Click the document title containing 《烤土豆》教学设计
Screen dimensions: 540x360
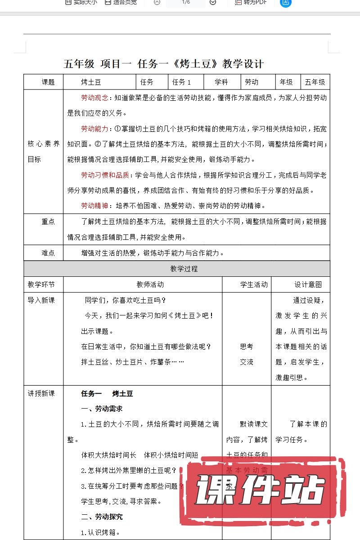pos(164,63)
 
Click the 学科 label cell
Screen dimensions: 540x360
pos(221,82)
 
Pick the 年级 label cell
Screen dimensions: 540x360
pos(286,82)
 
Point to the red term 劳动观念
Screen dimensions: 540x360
pos(94,98)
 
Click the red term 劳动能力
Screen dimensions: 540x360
pos(94,129)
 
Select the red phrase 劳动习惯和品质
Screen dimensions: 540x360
pos(105,175)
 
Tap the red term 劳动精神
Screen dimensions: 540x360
pos(94,206)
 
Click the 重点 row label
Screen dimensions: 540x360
pos(48,221)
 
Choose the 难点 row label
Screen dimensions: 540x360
pos(48,253)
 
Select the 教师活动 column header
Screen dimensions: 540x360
pos(150,284)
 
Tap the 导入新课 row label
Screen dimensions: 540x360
pos(41,300)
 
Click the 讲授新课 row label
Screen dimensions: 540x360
pos(41,393)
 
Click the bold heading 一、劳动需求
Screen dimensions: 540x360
pos(102,409)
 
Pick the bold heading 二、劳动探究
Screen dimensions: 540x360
pos(102,517)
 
